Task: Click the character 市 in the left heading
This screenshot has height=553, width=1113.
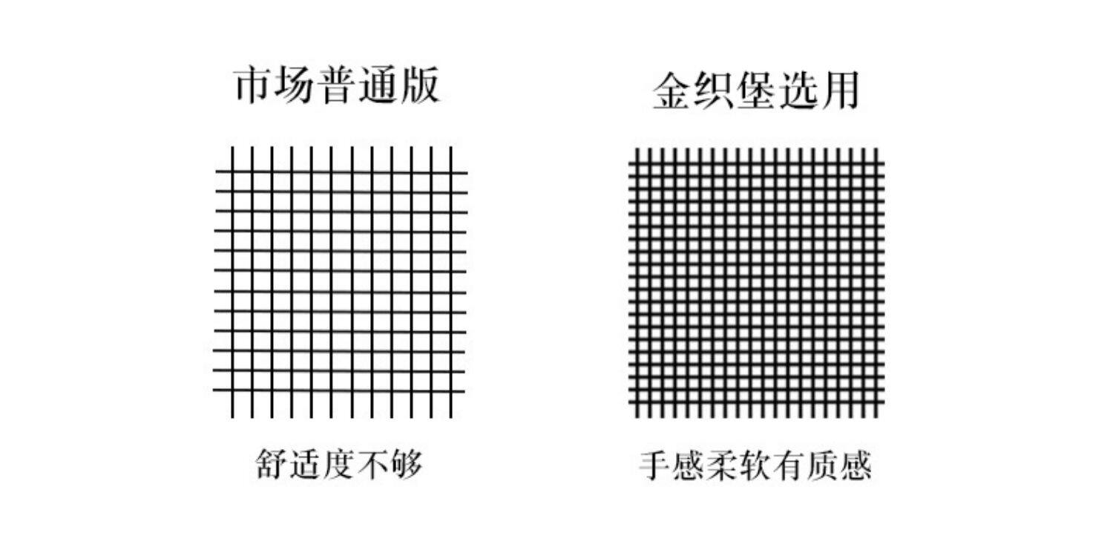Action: pos(255,85)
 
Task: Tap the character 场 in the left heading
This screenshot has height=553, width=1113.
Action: pos(296,85)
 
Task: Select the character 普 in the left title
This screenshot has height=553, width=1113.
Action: pos(338,85)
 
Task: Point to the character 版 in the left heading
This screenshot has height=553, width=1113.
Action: pos(420,85)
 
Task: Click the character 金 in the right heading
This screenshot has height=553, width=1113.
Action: pos(672,92)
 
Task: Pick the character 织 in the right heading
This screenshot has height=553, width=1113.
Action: pos(714,92)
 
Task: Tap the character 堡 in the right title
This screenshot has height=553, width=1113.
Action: pos(755,92)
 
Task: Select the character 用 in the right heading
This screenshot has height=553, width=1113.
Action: pos(838,92)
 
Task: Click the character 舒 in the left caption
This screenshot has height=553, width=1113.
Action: pos(272,465)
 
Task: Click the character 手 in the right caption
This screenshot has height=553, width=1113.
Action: pos(656,466)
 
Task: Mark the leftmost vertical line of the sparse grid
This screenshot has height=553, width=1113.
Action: pos(232,282)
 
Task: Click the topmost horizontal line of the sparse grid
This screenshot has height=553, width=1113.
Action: pos(341,173)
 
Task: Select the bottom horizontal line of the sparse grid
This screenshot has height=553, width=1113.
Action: pos(341,390)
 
